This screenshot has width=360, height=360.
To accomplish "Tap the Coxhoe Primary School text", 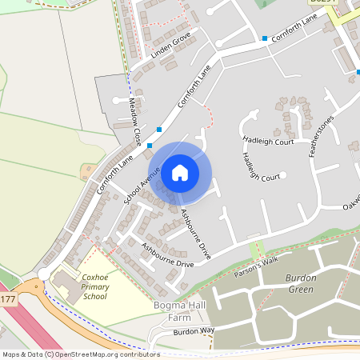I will [x=94, y=286].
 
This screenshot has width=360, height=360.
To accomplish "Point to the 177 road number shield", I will [x=7, y=299].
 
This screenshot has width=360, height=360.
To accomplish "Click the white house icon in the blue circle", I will [x=180, y=172].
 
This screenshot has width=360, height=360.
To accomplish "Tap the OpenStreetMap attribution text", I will [x=80, y=354].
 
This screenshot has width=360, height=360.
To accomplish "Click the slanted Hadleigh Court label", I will [x=252, y=167].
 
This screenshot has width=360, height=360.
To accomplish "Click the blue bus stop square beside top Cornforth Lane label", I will [x=264, y=38].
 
